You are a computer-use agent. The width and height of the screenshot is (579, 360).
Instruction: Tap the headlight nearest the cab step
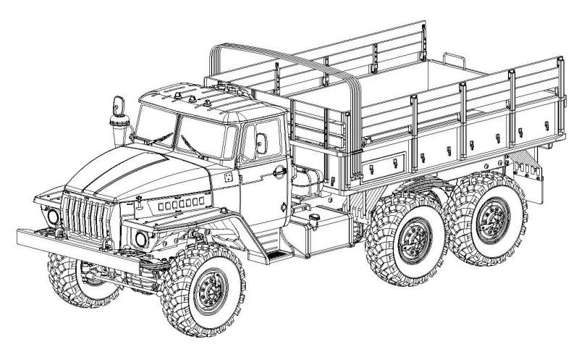(141, 239)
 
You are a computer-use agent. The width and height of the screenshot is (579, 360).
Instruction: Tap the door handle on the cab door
(277, 171)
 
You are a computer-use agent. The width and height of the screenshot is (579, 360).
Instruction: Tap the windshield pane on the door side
(203, 135)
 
